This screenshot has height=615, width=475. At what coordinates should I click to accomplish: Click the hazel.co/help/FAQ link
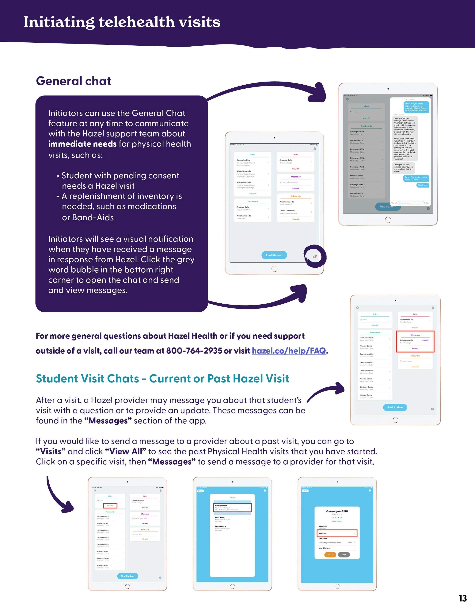point(289,351)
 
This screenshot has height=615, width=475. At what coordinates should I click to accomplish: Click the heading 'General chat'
point(74,81)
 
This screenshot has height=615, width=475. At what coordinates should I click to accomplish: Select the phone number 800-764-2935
point(194,351)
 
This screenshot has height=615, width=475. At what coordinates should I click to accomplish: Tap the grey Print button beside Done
point(344,555)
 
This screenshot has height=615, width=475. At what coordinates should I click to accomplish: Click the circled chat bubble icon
point(315,256)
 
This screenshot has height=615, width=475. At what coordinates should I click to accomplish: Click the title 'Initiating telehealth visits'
point(122,22)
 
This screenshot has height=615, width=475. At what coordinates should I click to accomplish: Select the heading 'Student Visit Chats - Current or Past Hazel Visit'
point(162,379)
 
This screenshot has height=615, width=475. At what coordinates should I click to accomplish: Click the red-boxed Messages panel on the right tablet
point(415,341)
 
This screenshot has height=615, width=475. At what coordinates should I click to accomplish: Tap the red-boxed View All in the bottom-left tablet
point(110,505)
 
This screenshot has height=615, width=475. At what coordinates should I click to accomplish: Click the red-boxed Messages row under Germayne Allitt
point(337,533)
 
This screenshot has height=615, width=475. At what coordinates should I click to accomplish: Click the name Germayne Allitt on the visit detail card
point(337,511)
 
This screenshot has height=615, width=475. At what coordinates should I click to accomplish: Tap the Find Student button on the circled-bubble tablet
point(274,255)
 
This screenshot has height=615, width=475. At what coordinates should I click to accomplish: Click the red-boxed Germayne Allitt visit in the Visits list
point(232,507)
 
